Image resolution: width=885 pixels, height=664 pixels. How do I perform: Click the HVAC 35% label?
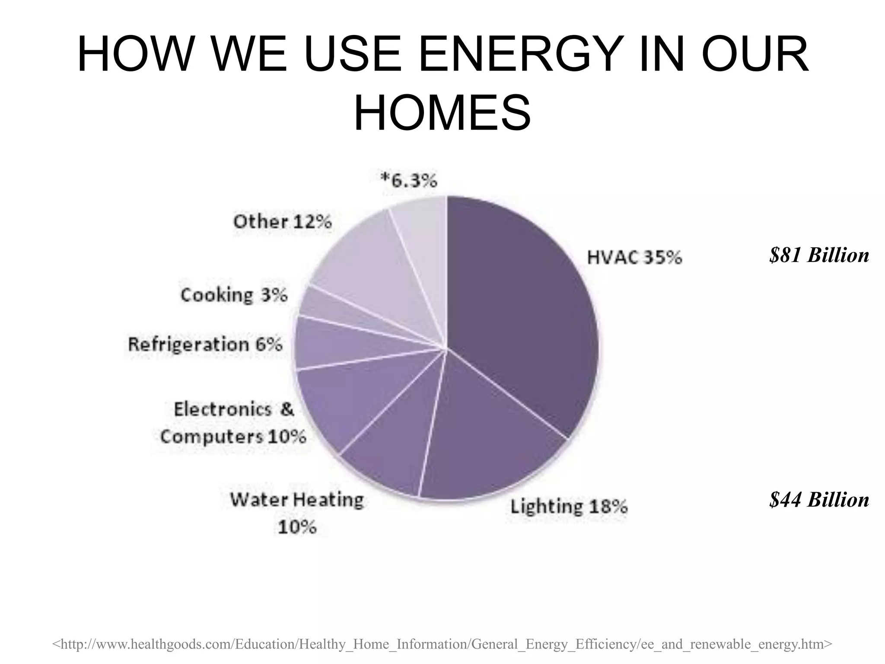pos(634,258)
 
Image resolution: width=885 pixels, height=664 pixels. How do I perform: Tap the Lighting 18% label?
pos(569,506)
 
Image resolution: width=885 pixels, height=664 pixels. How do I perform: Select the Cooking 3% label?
pos(234,295)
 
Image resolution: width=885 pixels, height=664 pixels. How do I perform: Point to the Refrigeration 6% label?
pos(205,345)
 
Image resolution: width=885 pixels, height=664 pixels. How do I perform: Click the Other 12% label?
pos(283,222)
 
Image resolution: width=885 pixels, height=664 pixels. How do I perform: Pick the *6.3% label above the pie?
pos(408,180)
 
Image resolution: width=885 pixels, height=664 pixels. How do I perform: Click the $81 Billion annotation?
pos(819,255)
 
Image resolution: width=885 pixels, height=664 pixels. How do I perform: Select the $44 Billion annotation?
pos(819,500)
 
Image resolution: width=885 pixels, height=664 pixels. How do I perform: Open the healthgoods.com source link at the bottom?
pos(442,644)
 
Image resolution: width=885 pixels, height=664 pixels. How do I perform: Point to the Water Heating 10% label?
pos(297,513)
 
